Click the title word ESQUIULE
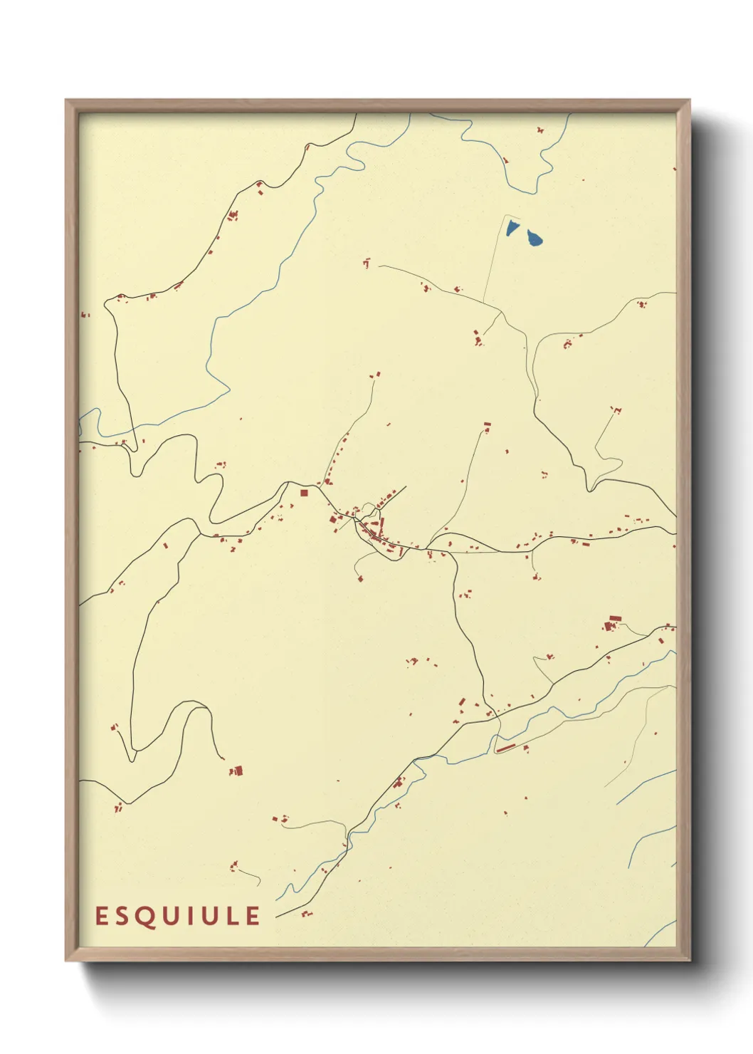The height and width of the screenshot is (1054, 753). pyautogui.click(x=178, y=916)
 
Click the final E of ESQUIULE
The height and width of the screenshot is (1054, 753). pyautogui.click(x=253, y=916)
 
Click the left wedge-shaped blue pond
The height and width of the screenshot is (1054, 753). pyautogui.click(x=512, y=228)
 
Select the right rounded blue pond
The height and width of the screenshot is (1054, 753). pyautogui.click(x=534, y=238)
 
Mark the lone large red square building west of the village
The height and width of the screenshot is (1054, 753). pyautogui.click(x=303, y=492)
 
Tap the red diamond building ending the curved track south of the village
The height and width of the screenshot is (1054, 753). pyautogui.click(x=360, y=578)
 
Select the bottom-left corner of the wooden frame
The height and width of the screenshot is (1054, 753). pyautogui.click(x=67, y=959)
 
